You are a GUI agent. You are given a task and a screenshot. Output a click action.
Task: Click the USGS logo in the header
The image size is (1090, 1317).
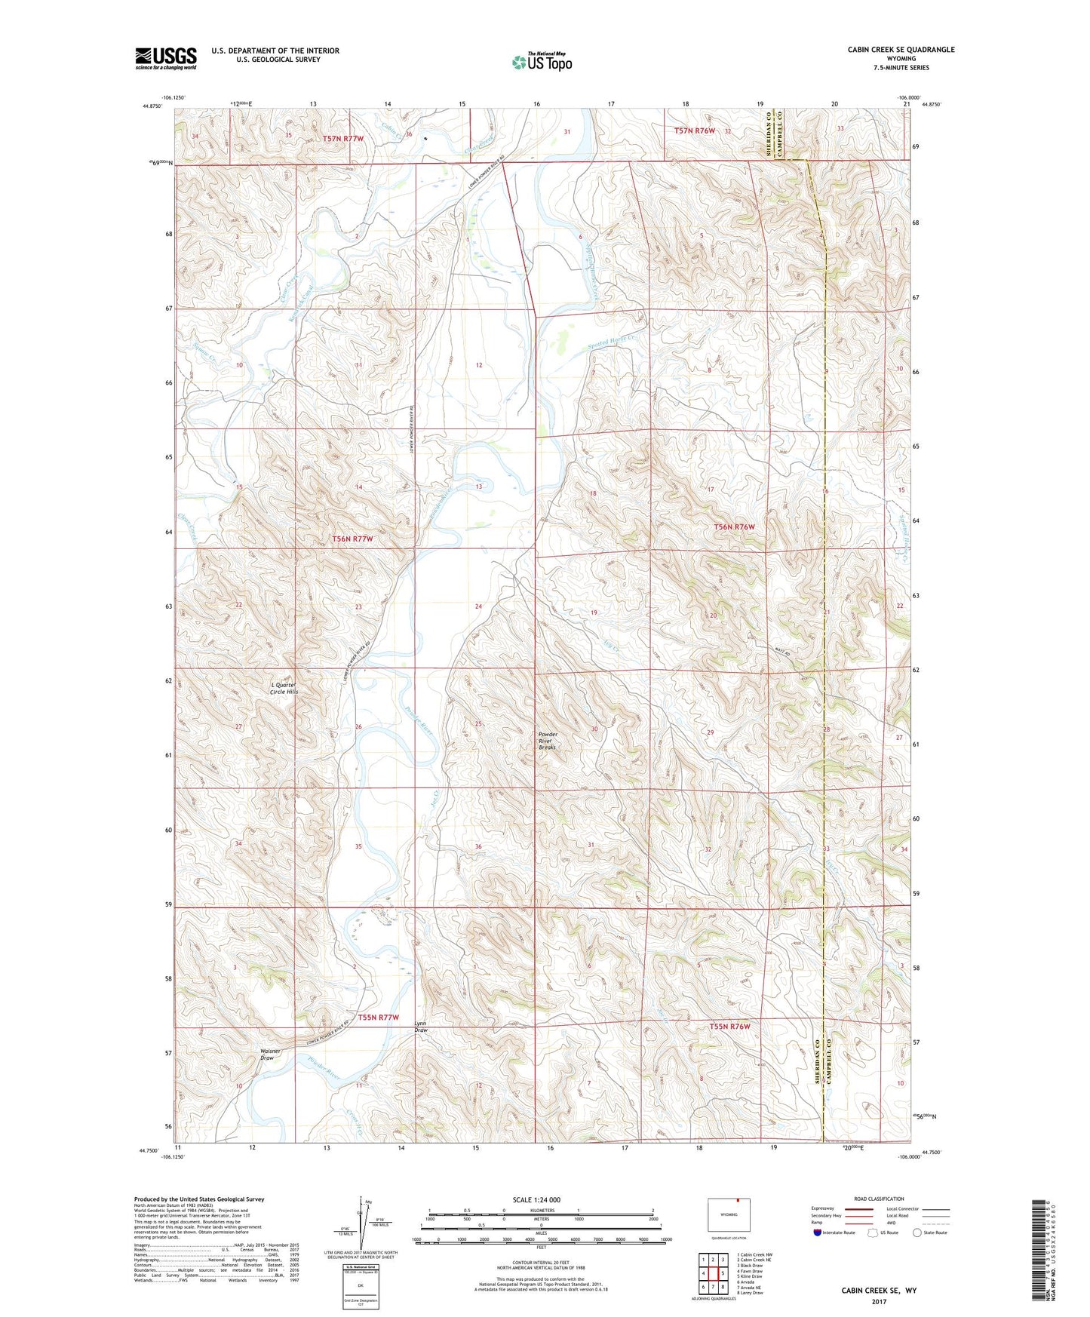point(166,58)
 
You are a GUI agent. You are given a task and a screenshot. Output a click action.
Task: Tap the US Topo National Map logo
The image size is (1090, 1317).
point(542,62)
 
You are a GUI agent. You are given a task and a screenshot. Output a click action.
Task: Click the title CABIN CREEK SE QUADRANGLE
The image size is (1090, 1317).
point(901,50)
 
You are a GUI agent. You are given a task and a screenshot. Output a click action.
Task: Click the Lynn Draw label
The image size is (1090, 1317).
point(421,1027)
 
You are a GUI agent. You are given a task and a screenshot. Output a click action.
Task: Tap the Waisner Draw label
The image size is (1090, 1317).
point(269,1054)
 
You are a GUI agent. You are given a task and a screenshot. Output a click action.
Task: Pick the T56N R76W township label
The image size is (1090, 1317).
point(734,526)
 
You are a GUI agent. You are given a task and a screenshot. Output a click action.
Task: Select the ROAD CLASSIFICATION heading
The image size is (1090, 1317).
point(879,1199)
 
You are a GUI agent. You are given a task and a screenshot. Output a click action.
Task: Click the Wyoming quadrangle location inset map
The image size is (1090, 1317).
point(728,1216)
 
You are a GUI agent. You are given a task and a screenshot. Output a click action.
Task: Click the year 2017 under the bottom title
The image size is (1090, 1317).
point(878,1302)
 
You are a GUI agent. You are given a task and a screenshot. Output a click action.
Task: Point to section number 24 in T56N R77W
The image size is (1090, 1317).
point(478,606)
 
